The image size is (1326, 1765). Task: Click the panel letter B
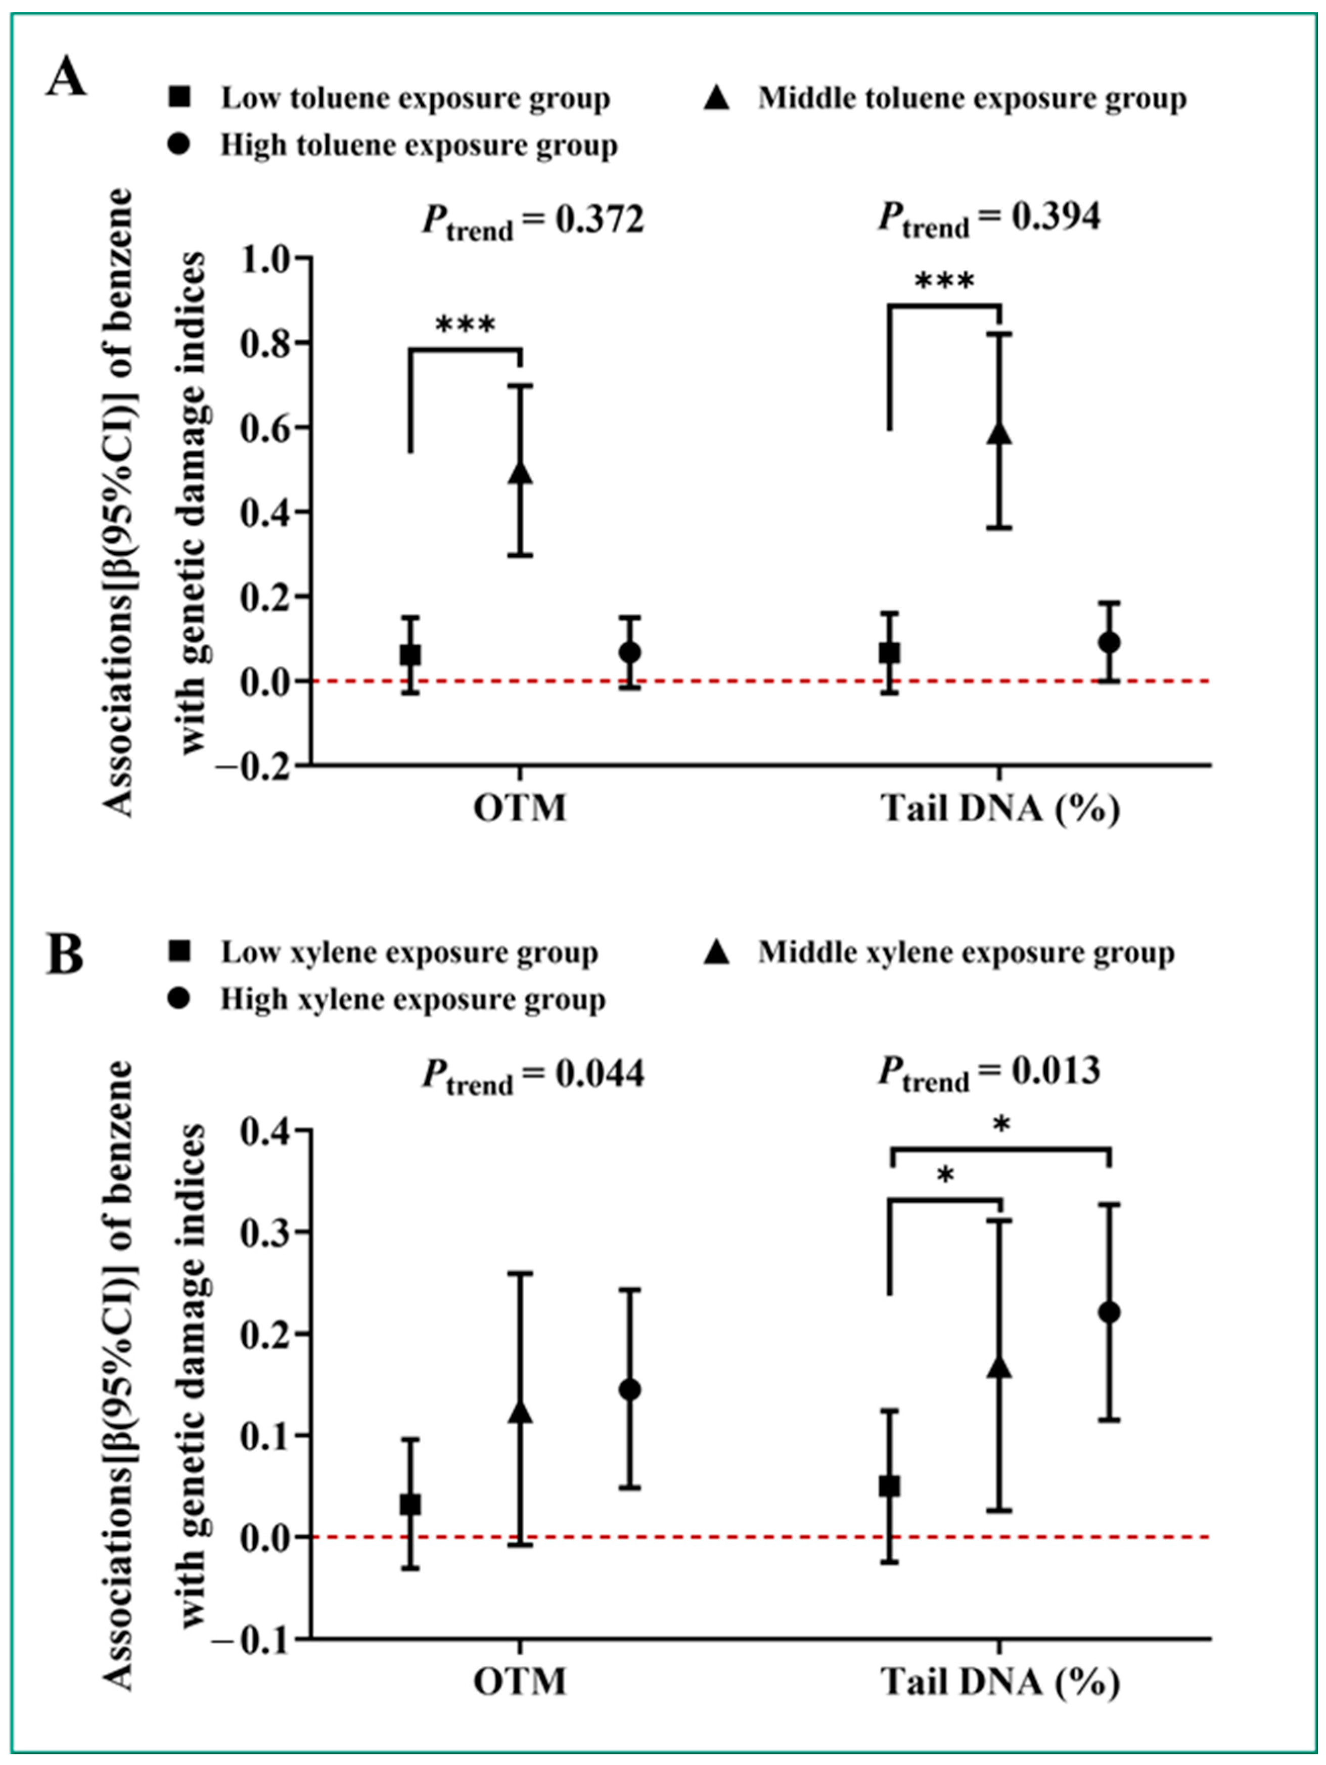65,955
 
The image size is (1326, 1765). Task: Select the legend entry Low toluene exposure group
415,99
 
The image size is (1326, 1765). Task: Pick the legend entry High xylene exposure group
413,999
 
